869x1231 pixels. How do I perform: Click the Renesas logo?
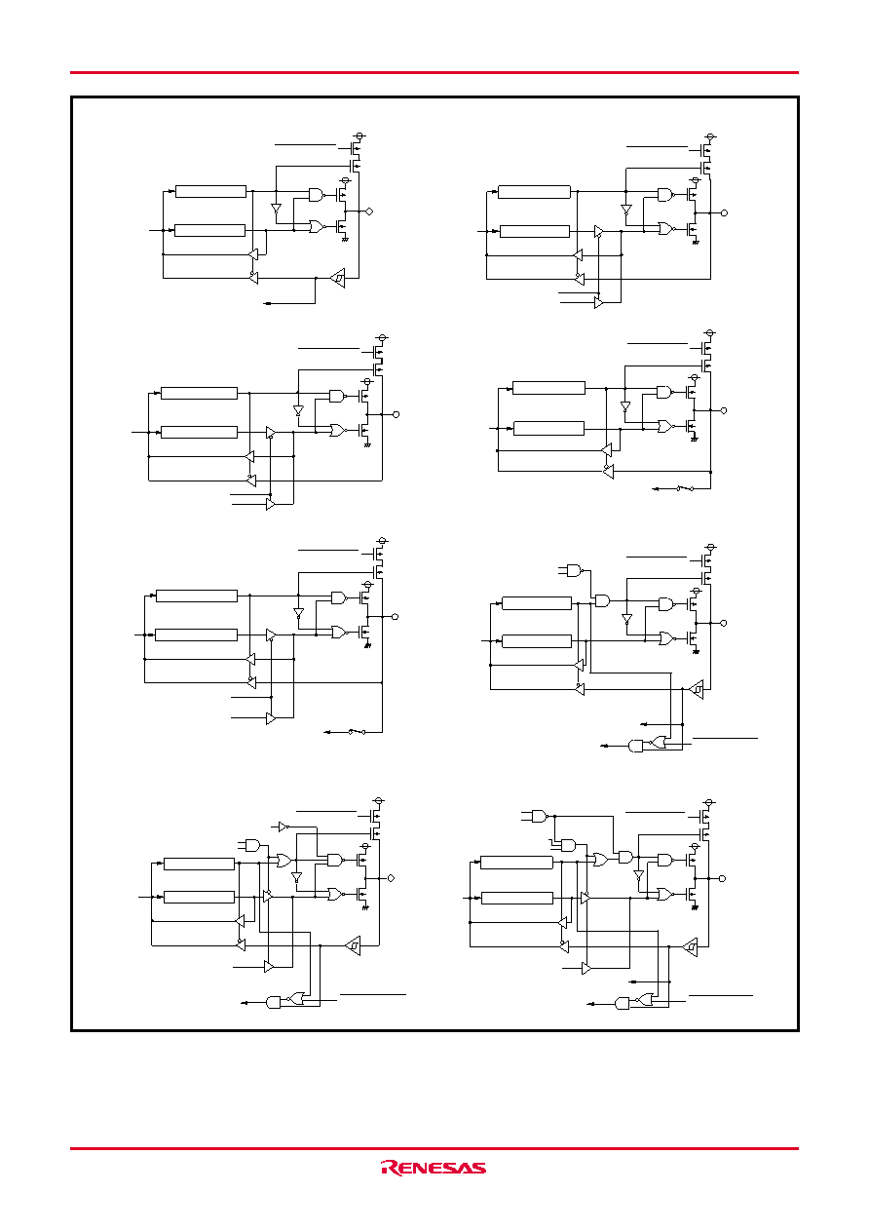[434, 1168]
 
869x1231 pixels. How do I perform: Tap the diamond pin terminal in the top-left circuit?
[369, 212]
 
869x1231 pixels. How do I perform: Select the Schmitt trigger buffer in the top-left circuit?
[338, 278]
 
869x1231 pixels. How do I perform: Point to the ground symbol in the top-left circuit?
[345, 239]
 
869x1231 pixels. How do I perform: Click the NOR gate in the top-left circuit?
[317, 226]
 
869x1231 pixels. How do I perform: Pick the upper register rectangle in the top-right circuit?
[535, 192]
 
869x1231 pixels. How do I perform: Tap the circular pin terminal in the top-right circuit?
[724, 212]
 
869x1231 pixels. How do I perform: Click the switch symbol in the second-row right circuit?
[685, 488]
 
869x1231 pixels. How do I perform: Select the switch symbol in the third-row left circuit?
[357, 732]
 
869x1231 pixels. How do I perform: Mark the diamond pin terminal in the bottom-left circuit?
[391, 878]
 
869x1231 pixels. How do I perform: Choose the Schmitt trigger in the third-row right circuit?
[696, 689]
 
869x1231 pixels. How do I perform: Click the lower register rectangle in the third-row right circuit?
[537, 641]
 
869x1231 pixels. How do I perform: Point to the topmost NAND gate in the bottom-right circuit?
[540, 816]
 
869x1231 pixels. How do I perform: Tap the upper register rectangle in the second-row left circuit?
[200, 393]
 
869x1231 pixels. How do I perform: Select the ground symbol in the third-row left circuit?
[367, 645]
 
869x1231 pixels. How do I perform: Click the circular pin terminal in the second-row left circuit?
[397, 414]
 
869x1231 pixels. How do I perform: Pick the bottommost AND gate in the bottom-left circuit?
[273, 1003]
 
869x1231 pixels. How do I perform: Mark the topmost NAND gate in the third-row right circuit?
[574, 570]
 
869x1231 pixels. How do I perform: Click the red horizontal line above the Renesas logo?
[434, 1148]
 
